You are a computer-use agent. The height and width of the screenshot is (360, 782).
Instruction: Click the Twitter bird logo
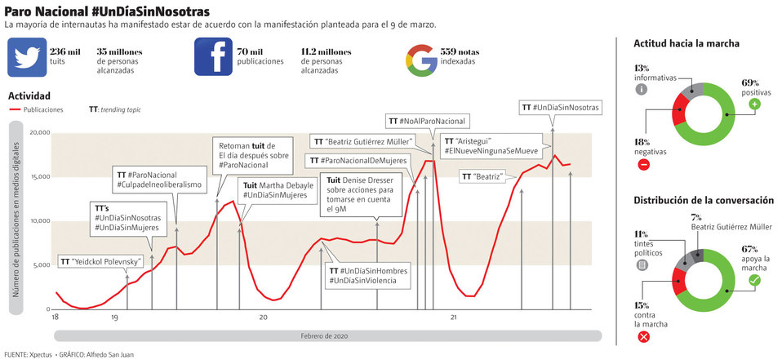coord(26,57)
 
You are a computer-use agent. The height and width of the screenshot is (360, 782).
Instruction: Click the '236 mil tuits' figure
coord(64,56)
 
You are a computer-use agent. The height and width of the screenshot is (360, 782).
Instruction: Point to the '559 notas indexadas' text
coord(459,56)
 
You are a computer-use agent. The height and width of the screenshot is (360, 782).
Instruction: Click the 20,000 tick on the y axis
coord(39,132)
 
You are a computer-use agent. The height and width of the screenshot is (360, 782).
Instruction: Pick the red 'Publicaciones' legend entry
coord(36,109)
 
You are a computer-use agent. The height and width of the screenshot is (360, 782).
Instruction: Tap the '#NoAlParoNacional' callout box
coord(427,121)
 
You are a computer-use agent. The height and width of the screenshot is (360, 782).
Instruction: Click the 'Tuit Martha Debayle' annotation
coord(278,190)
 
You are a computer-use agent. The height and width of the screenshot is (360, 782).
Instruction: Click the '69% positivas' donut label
coord(750,87)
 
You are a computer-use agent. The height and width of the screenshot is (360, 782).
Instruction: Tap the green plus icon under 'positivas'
coord(754,104)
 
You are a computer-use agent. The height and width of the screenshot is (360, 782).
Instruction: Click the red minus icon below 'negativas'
coord(643,165)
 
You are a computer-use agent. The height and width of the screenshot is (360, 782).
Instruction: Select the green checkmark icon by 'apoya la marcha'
coord(754,280)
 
